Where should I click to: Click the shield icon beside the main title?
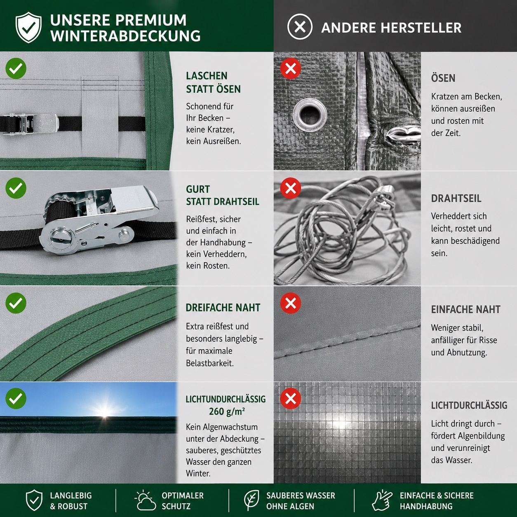tap(28, 27)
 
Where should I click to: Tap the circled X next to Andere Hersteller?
tap(300, 27)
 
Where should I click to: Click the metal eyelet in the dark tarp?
tap(310, 115)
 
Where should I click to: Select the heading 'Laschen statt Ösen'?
tap(213, 82)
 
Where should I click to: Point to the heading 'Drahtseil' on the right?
tap(456, 198)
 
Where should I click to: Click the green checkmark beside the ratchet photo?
tap(16, 188)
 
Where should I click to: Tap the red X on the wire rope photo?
tap(291, 188)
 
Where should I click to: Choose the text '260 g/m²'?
tap(227, 411)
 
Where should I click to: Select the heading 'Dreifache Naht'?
tap(223, 308)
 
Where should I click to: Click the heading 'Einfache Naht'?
tap(466, 309)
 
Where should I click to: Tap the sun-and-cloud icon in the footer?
tap(145, 501)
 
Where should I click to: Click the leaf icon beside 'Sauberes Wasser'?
tap(251, 501)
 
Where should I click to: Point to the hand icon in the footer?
tap(382, 501)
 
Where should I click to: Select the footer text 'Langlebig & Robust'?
tap(71, 501)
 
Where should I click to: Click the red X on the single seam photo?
tap(291, 303)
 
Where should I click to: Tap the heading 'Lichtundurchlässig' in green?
tap(226, 399)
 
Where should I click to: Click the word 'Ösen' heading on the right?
tap(443, 78)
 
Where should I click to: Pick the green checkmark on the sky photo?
tap(16, 398)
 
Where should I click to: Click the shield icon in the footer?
tap(34, 501)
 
